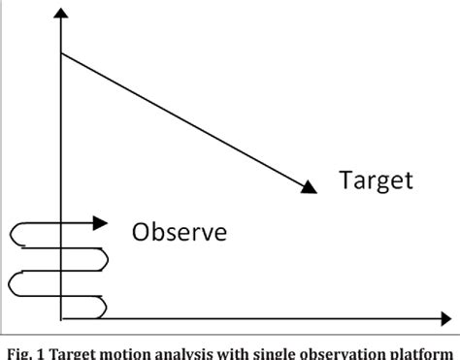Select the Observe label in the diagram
pos(180,233)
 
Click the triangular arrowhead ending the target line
pos(309,185)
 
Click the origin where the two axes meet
pos(61,316)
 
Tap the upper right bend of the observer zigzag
pos(105,257)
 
